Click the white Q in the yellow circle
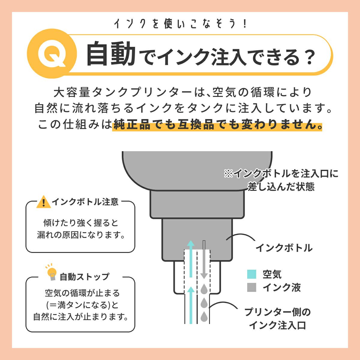tap(52, 54)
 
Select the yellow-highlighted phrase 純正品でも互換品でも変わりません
tap(217, 125)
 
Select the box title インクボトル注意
tap(85, 202)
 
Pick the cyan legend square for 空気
tap(252, 274)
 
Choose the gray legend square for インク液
tap(252, 287)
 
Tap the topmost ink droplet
tap(204, 289)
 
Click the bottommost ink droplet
tap(204, 316)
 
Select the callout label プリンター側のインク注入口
tap(277, 319)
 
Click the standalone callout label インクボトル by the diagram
tap(284, 248)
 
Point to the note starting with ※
tap(281, 180)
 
